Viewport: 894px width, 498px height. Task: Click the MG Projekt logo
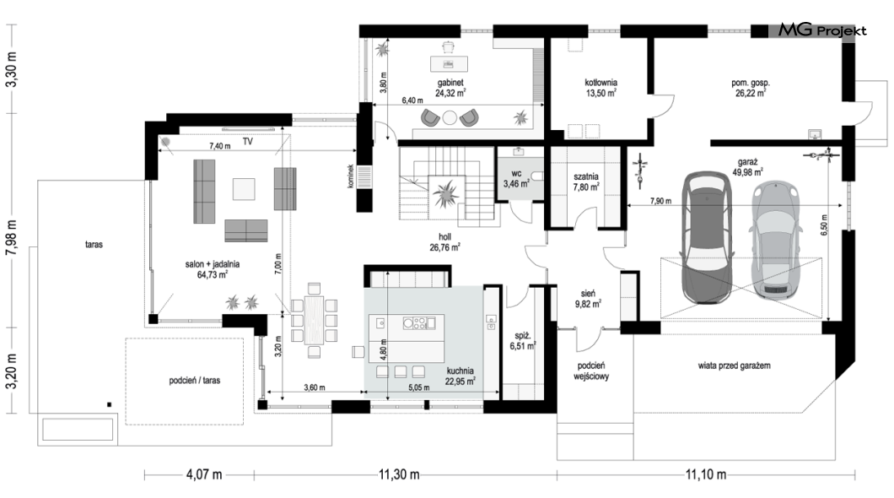[822, 30]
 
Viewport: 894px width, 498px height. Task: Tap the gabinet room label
[450, 83]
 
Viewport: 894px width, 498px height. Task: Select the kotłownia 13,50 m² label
[601, 88]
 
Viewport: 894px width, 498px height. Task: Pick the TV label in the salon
[247, 142]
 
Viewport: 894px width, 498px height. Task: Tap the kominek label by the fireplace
[351, 176]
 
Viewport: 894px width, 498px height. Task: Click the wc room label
[516, 173]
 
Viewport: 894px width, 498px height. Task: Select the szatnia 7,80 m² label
[586, 181]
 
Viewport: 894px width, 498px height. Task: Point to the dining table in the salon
[314, 319]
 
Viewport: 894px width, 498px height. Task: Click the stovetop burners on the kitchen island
[414, 323]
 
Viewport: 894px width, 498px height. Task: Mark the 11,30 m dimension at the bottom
[399, 474]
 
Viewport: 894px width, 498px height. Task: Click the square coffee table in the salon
[244, 189]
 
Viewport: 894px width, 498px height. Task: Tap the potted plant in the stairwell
[445, 193]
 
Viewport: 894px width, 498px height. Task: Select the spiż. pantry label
[523, 337]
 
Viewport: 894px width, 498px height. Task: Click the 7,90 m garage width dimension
[660, 201]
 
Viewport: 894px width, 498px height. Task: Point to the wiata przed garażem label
[735, 365]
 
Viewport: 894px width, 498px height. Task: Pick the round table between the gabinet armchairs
[450, 118]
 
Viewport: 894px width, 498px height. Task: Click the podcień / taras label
[195, 381]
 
